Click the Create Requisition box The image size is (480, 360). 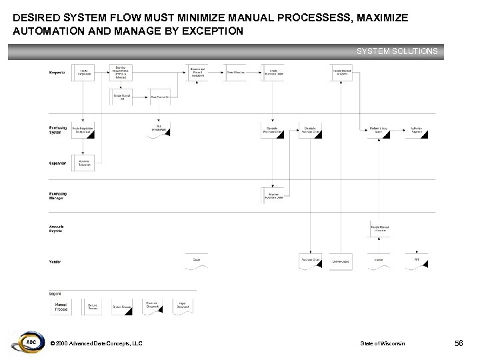click(84, 72)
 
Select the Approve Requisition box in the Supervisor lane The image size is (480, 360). click(84, 162)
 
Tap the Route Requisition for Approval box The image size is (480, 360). click(84, 131)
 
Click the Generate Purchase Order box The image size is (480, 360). click(273, 131)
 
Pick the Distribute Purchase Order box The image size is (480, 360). click(311, 131)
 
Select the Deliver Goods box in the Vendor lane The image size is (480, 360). click(341, 261)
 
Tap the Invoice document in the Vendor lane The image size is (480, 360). click(379, 261)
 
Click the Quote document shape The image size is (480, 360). click(197, 261)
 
